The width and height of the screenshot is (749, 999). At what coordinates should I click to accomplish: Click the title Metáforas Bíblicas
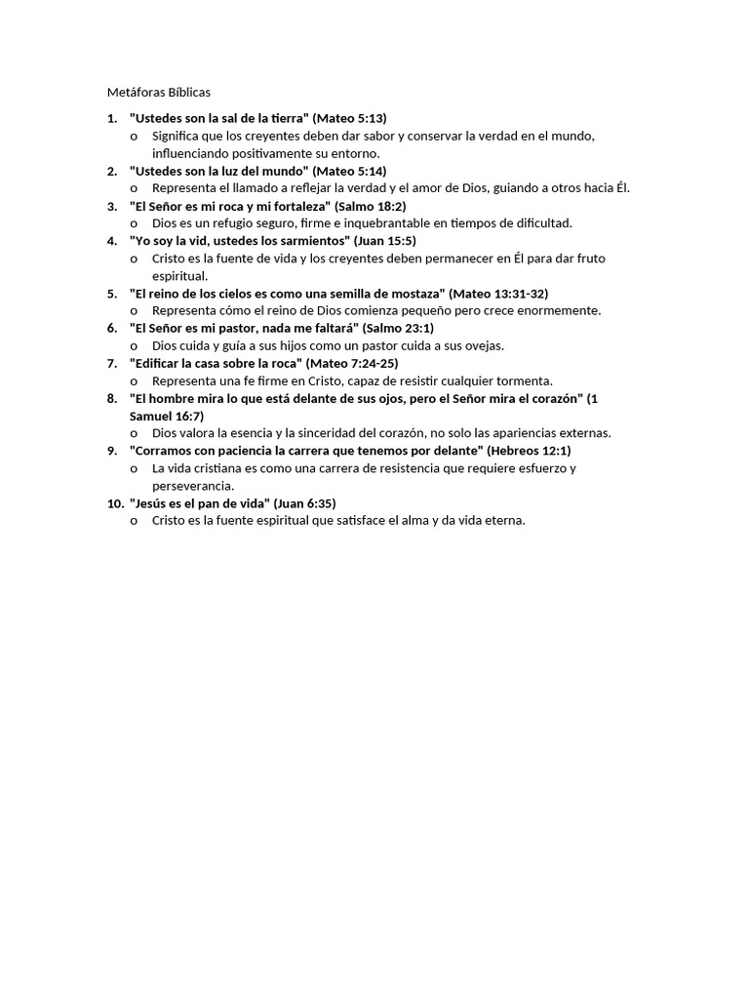pyautogui.click(x=158, y=92)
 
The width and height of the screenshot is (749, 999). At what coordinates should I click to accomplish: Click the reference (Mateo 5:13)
pyautogui.click(x=349, y=118)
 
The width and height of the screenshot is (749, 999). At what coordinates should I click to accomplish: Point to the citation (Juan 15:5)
pyautogui.click(x=388, y=241)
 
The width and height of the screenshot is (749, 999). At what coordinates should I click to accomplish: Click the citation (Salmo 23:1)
pyautogui.click(x=400, y=329)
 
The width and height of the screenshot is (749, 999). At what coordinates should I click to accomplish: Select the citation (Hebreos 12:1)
pyautogui.click(x=529, y=452)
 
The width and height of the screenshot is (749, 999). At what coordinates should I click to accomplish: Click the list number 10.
pyautogui.click(x=114, y=504)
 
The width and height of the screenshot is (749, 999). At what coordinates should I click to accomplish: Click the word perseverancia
pyautogui.click(x=192, y=486)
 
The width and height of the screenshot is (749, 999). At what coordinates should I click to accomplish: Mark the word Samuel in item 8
pyautogui.click(x=152, y=417)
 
